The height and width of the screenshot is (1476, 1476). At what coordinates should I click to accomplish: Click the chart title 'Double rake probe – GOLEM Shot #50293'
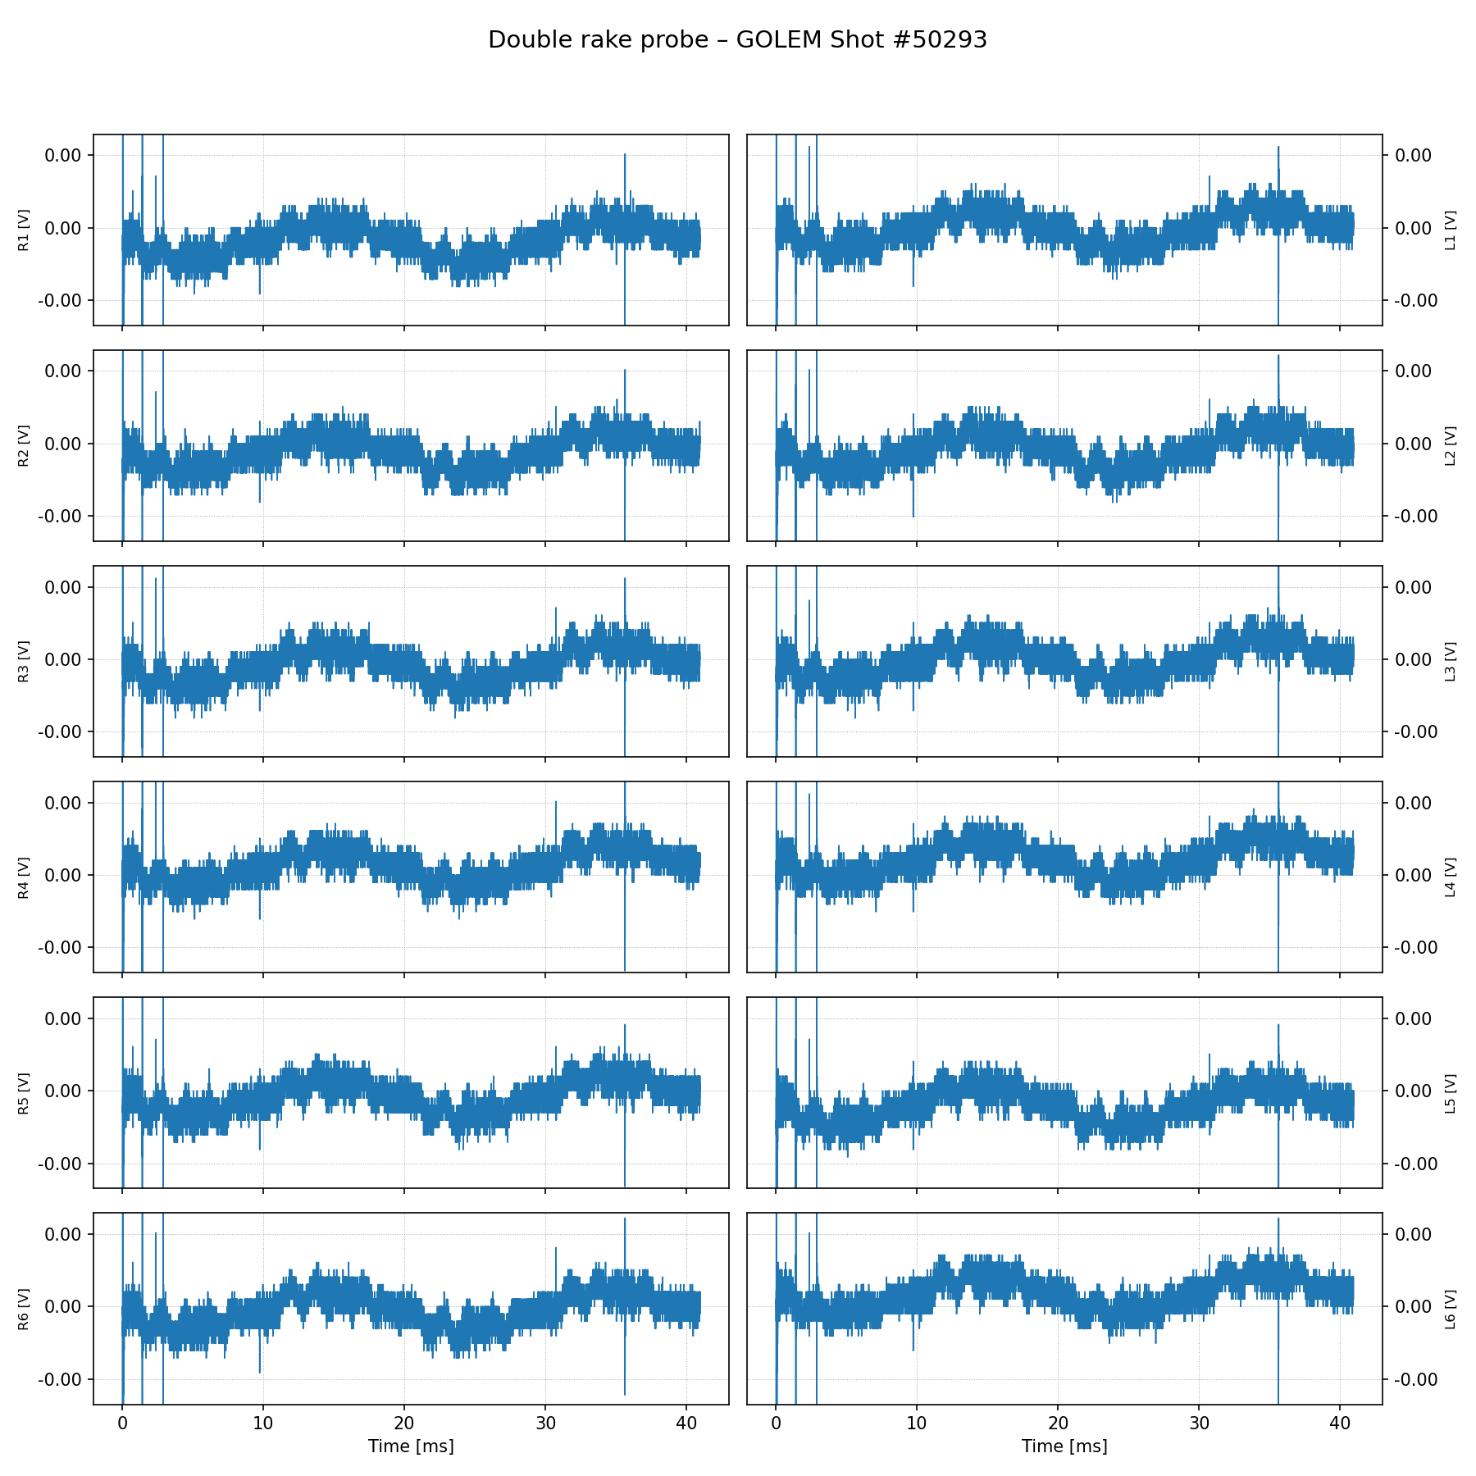tap(737, 40)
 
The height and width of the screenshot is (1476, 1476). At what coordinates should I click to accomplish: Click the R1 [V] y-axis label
tap(24, 230)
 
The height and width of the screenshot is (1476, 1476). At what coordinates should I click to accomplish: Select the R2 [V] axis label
tap(24, 445)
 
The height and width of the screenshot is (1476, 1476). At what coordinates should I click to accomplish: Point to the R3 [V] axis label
tap(24, 661)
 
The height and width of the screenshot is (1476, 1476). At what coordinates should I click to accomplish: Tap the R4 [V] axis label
tap(24, 877)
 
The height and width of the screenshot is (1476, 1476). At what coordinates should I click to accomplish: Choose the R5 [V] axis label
tap(24, 1092)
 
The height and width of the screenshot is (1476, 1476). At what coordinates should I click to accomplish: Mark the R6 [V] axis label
tap(24, 1308)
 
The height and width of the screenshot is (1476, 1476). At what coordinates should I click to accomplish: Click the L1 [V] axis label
tap(1451, 230)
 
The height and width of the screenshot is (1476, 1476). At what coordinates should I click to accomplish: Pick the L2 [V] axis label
tap(1451, 445)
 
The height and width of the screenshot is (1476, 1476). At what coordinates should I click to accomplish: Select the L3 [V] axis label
tap(1451, 661)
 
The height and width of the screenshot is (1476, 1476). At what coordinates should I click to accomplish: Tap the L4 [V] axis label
tap(1451, 877)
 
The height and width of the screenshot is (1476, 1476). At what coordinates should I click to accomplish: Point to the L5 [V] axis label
tap(1451, 1092)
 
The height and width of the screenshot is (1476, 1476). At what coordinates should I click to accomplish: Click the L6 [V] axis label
tap(1451, 1308)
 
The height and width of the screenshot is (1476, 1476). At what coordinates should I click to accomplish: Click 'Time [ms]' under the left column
tap(411, 1446)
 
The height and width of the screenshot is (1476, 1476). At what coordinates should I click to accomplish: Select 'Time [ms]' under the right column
tap(1064, 1446)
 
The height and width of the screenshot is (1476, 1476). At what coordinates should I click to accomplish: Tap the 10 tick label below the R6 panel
tap(263, 1423)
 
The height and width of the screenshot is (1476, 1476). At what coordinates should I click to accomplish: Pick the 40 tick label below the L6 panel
tap(1340, 1423)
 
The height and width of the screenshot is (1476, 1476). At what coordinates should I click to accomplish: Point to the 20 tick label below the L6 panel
tap(1058, 1423)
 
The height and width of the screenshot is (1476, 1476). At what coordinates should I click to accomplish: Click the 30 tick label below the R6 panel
tap(545, 1423)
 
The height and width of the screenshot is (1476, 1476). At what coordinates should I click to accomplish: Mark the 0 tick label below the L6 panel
tap(776, 1423)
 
